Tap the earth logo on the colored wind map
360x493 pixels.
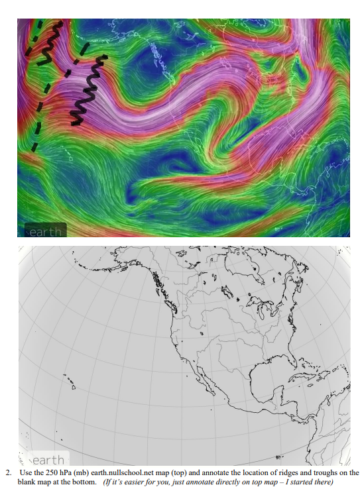pos(45,231)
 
